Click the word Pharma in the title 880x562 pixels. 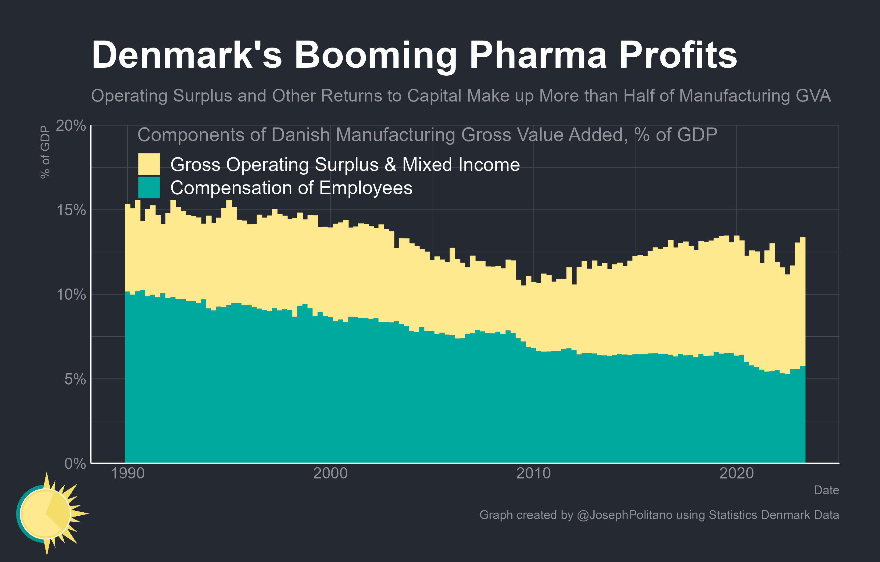click(x=538, y=55)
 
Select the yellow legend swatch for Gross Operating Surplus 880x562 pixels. click(x=149, y=164)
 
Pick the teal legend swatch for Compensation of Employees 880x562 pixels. click(x=149, y=188)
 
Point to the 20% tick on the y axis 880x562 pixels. click(x=70, y=126)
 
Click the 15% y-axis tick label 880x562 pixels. click(x=70, y=210)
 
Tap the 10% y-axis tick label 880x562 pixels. click(x=70, y=295)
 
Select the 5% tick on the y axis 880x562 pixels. click(x=75, y=379)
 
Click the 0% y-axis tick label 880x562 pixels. click(x=75, y=464)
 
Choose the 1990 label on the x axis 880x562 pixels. click(x=127, y=473)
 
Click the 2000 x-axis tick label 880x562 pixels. click(x=330, y=473)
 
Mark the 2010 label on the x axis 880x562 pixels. click(x=534, y=473)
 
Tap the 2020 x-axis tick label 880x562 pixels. click(x=736, y=473)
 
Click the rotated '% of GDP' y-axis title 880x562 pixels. click(x=45, y=152)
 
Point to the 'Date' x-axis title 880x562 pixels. click(x=826, y=490)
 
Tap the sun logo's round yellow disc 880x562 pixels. click(x=45, y=514)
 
